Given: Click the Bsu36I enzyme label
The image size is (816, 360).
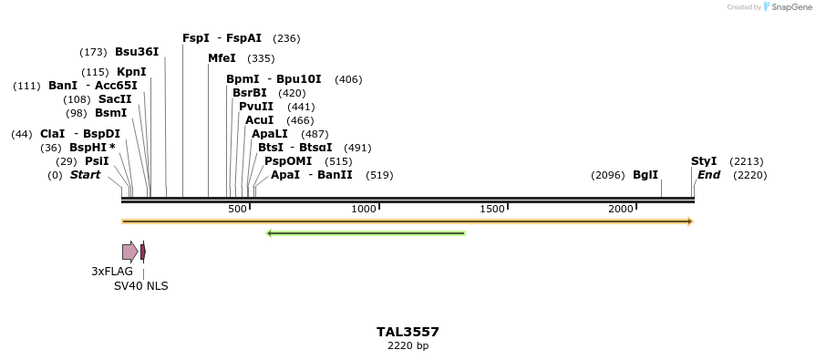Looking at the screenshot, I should pyautogui.click(x=137, y=52).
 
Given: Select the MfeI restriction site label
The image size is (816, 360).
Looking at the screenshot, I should pyautogui.click(x=222, y=58).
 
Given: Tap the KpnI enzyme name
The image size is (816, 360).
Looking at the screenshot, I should pyautogui.click(x=131, y=72).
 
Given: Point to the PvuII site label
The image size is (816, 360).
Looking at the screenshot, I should pyautogui.click(x=256, y=107).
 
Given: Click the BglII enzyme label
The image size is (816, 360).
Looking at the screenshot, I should pyautogui.click(x=646, y=175).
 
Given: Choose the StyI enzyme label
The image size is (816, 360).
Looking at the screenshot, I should pyautogui.click(x=704, y=161).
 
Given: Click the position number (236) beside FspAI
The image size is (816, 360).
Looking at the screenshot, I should pyautogui.click(x=286, y=38).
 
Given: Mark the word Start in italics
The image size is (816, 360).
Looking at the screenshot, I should pyautogui.click(x=85, y=175).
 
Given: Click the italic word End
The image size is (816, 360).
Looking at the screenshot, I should pyautogui.click(x=709, y=175).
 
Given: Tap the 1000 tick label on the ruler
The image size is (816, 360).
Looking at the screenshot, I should pyautogui.click(x=364, y=210).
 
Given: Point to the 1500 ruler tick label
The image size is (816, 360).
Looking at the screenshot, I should pyautogui.click(x=492, y=210).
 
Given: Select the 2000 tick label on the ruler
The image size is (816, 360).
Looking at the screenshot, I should pyautogui.click(x=621, y=210).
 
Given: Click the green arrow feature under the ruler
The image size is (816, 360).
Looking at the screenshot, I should pyautogui.click(x=366, y=233).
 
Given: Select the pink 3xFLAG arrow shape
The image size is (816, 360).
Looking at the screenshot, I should pyautogui.click(x=129, y=252).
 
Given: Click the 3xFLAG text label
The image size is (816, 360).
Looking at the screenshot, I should pyautogui.click(x=112, y=272).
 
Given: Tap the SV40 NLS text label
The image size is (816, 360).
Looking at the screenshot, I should pyautogui.click(x=140, y=286).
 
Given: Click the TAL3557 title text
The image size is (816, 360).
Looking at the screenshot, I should pyautogui.click(x=408, y=332).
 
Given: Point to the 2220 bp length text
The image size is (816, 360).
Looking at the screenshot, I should pyautogui.click(x=408, y=346).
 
